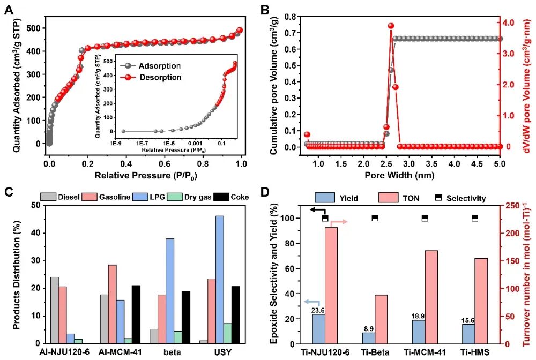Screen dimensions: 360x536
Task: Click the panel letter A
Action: point(9,10)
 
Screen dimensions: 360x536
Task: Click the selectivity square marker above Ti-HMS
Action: point(474,218)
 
